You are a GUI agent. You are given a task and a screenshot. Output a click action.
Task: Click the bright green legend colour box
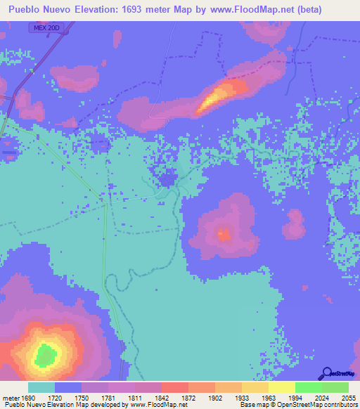(308, 387)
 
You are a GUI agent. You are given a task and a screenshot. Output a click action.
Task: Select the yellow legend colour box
(281, 387)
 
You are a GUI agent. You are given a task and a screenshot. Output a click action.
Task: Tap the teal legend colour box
(41, 387)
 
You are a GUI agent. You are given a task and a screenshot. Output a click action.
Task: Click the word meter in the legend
(11, 398)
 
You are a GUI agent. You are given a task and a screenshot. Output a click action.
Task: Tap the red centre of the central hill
(224, 234)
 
